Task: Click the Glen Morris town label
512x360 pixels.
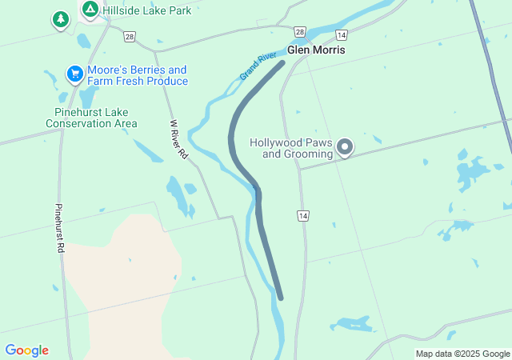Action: coord(316,50)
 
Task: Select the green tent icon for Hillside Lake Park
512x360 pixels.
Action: coord(90,10)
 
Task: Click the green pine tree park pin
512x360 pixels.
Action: coord(60,18)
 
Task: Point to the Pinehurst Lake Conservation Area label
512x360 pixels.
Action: coord(91,118)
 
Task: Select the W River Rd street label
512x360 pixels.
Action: coord(178,139)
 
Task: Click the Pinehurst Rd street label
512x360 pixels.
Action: coord(59,228)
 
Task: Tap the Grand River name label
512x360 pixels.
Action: coord(258,66)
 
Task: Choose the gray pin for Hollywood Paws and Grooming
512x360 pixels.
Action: coord(345,146)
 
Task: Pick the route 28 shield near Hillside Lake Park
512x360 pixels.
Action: coord(130,36)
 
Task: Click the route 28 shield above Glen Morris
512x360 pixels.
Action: coord(299,31)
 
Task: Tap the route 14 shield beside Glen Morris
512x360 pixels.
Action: coord(342,35)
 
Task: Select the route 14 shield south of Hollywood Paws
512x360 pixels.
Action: coord(302,216)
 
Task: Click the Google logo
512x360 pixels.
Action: coord(26,350)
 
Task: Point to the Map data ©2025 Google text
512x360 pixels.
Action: coord(462,354)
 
